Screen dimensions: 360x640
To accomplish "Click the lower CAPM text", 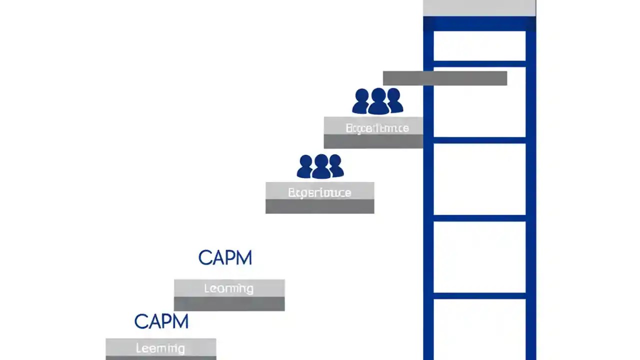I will click(161, 321).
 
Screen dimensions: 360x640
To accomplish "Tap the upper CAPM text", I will click(225, 258).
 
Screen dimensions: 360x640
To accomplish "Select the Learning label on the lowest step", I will click(160, 348).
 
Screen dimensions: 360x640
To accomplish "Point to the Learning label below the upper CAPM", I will click(228, 288).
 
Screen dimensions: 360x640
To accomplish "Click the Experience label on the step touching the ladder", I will click(377, 128).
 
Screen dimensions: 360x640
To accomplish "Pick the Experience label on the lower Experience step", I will click(319, 192).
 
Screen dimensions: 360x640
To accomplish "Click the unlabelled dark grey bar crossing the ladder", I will click(444, 78).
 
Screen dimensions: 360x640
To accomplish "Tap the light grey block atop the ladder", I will click(479, 8).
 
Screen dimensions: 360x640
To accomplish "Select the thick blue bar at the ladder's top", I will click(479, 23).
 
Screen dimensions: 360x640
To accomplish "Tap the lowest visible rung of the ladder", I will click(479, 296).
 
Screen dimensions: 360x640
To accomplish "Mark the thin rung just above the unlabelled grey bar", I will click(479, 63).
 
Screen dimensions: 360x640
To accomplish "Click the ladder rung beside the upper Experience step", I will click(479, 140).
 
